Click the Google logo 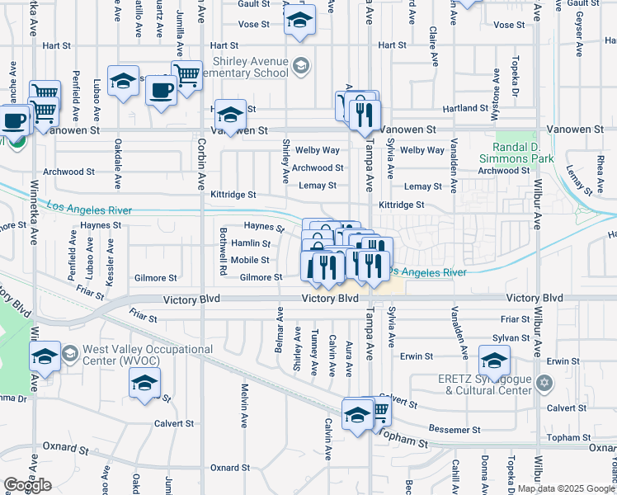point(27,485)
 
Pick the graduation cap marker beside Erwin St point(494,360)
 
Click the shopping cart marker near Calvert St point(379,408)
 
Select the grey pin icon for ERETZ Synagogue point(543,383)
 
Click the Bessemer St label point(455,430)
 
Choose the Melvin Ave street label point(245,405)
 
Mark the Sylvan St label point(511,338)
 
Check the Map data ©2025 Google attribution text point(566,488)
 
